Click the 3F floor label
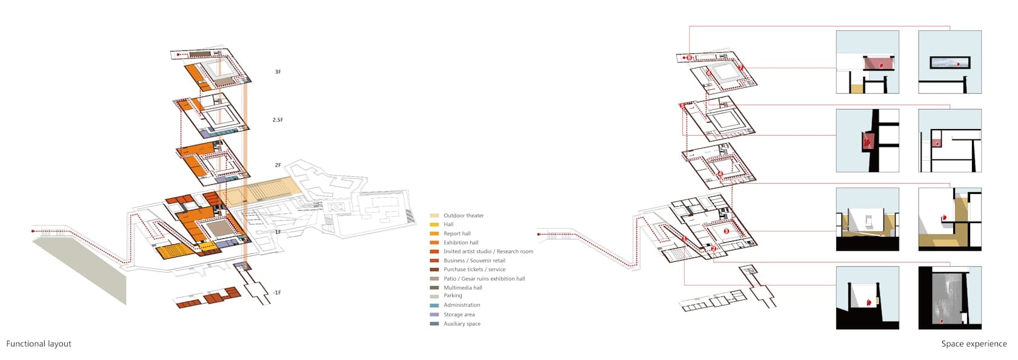pyautogui.click(x=278, y=72)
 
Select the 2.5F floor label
pyautogui.click(x=278, y=120)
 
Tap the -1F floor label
pyautogui.click(x=277, y=293)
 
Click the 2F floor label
pyautogui.click(x=278, y=165)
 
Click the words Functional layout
pyautogui.click(x=39, y=344)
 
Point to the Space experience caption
pyautogui.click(x=974, y=344)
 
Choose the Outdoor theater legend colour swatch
pyautogui.click(x=434, y=216)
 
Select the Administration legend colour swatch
pyautogui.click(x=434, y=305)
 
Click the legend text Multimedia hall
pyautogui.click(x=463, y=288)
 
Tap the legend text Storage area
pyautogui.click(x=459, y=315)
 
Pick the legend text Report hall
pyautogui.click(x=457, y=234)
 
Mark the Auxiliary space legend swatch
pyautogui.click(x=434, y=324)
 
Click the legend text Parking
pyautogui.click(x=453, y=296)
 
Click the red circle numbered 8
pyautogui.click(x=689, y=58)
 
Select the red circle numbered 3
pyautogui.click(x=726, y=232)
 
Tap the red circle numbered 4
pyautogui.click(x=720, y=174)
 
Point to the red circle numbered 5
pyautogui.click(x=682, y=107)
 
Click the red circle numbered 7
pyautogui.click(x=740, y=68)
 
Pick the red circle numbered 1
pyautogui.click(x=685, y=239)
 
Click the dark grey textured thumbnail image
pyautogui.click(x=950, y=298)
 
